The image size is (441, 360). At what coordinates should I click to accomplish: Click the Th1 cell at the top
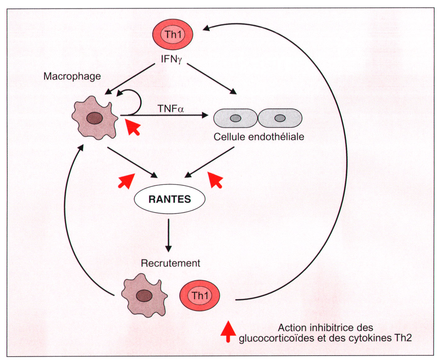(173, 34)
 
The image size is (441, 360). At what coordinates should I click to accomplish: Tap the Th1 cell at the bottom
(200, 295)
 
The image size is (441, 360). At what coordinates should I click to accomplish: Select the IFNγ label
(171, 59)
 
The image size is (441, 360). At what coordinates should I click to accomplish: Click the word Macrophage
(72, 76)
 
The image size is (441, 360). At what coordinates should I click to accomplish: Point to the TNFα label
(170, 109)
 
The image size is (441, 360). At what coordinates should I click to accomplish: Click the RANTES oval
(170, 199)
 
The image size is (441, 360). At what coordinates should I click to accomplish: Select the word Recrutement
(170, 263)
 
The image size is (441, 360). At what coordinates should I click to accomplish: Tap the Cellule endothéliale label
(259, 137)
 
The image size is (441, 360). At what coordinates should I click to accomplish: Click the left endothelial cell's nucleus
(235, 118)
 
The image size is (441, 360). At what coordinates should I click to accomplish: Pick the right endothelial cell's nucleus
(280, 118)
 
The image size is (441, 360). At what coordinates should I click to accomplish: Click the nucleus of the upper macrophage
(95, 118)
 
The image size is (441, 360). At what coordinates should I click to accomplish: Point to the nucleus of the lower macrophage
(144, 296)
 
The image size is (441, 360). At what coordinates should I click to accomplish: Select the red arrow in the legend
(228, 331)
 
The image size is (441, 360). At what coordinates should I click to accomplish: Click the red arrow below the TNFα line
(133, 127)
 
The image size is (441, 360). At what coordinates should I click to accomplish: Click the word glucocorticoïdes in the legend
(277, 338)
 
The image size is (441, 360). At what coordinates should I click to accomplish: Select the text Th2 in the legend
(403, 338)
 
